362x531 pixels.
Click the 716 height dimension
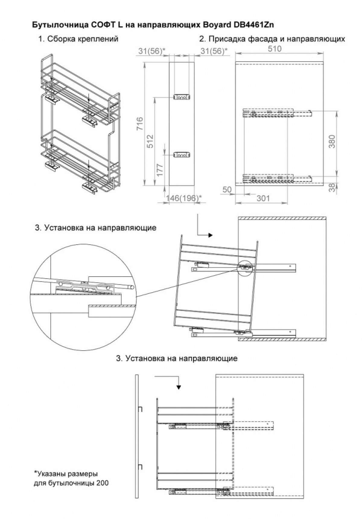(140, 123)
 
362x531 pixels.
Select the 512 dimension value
(150, 141)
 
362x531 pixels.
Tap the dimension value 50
(227, 190)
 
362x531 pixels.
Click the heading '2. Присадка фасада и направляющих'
(272, 39)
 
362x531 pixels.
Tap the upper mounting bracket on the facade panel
(182, 97)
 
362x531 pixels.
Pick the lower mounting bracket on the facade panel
(182, 155)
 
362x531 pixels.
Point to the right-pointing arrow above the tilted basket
(210, 235)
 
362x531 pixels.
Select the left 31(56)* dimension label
(152, 51)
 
